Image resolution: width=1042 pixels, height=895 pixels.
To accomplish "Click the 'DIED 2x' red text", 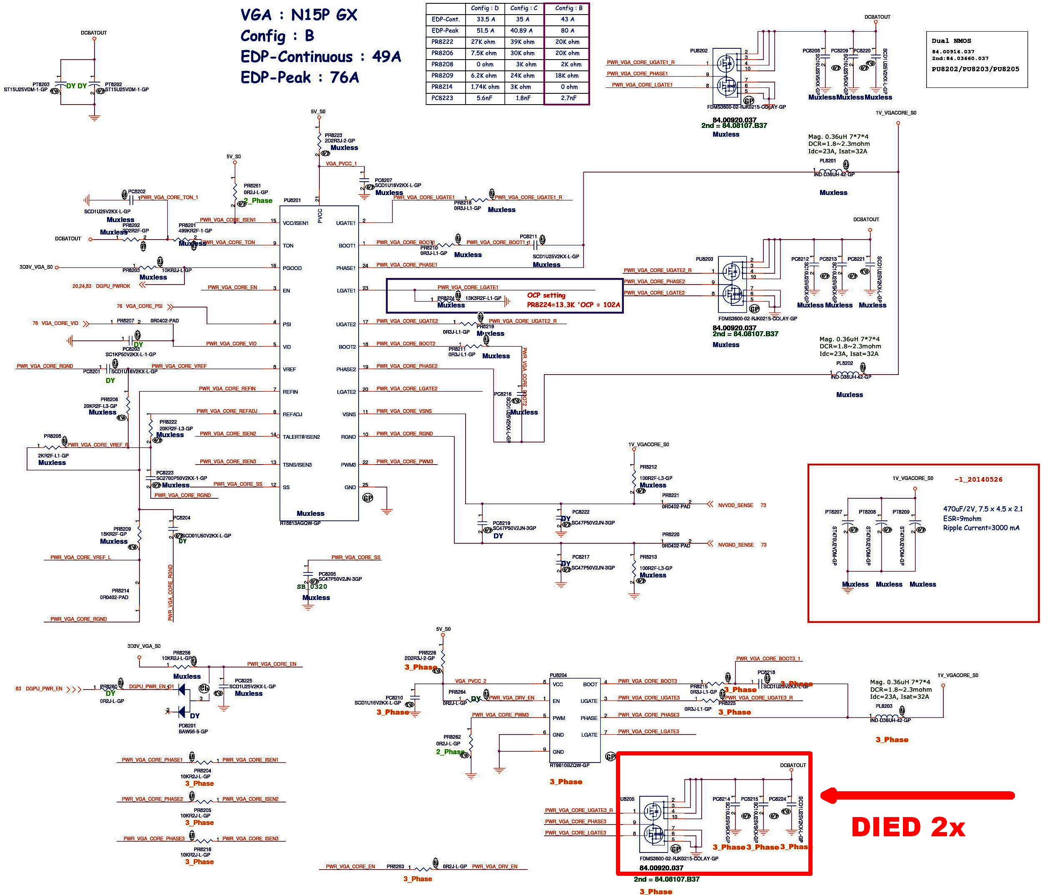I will tap(908, 827).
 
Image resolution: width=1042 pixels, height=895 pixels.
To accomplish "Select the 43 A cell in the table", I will tap(567, 19).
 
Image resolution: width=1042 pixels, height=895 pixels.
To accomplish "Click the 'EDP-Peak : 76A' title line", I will tap(300, 77).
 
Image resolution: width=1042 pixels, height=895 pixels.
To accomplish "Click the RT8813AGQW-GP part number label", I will tap(300, 523).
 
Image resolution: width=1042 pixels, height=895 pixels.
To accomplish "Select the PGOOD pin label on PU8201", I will tap(292, 268).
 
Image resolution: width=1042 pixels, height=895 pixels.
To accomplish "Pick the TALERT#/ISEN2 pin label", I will tap(301, 437).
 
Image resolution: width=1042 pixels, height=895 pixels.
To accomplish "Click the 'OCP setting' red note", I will tap(546, 295).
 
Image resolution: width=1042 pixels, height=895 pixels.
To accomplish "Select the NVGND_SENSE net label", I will tap(736, 545).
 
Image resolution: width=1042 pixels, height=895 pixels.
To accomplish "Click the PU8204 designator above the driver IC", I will tap(558, 675).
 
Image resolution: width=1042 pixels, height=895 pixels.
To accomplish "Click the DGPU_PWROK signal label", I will tap(113, 286).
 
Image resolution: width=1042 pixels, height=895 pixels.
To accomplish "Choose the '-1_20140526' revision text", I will tap(978, 480).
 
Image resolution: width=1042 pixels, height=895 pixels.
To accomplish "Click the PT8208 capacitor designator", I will tap(867, 512).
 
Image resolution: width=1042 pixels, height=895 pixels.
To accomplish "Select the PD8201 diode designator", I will tap(187, 725).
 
